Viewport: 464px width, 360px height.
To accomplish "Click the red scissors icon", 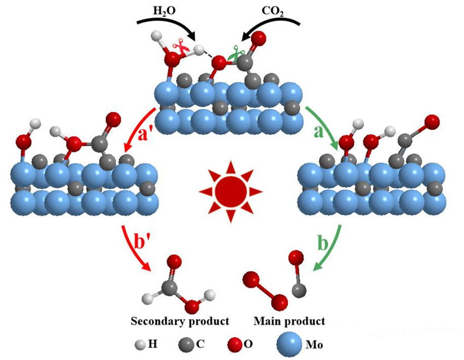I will [x=180, y=47].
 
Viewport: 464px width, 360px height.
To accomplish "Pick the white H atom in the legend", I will [x=141, y=344].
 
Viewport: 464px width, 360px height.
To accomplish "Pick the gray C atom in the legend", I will [x=183, y=344].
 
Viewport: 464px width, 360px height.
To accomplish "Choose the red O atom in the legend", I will [x=232, y=344].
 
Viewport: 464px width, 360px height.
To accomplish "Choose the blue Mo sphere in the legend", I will [x=290, y=344].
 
